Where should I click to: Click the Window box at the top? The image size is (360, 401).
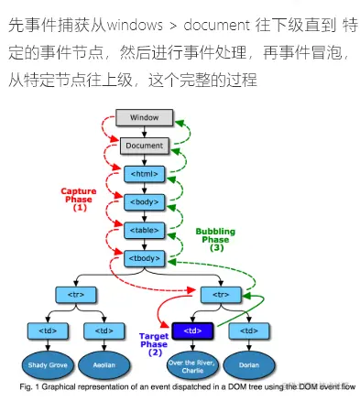point(145,118)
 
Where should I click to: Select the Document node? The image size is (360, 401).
point(145,146)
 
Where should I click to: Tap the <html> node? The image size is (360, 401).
point(145,173)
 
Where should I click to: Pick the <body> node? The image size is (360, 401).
point(145,200)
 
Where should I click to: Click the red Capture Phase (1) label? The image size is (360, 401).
point(79,200)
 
